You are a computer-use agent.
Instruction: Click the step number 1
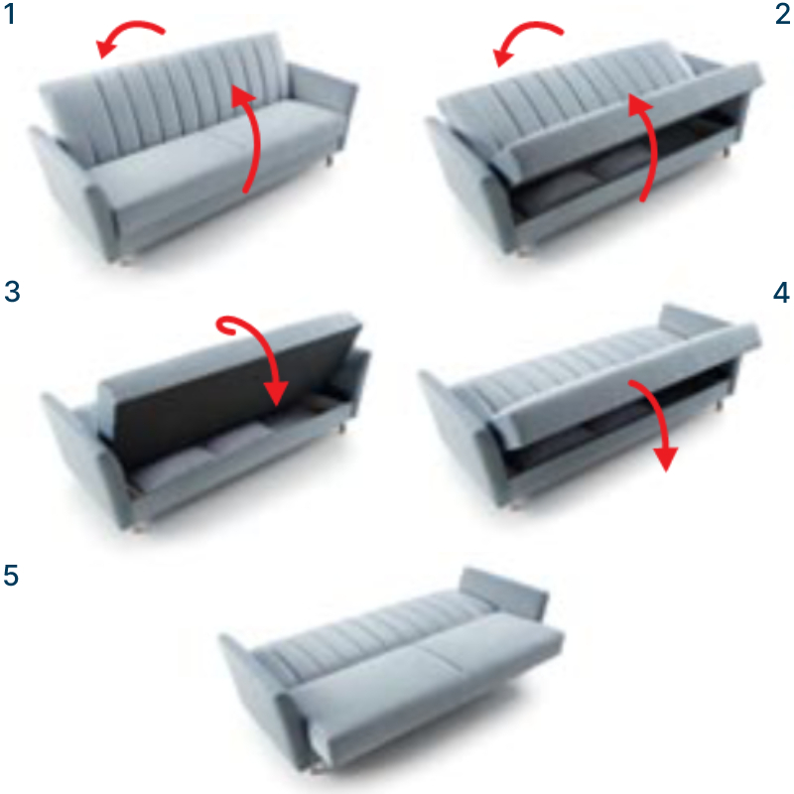tap(10, 14)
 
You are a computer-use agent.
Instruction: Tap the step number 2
tap(782, 14)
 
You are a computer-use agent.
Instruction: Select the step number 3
tap(12, 292)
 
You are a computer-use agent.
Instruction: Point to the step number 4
tap(781, 293)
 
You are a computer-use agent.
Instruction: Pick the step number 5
tap(11, 576)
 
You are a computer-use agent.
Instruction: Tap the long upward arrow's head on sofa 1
tap(241, 96)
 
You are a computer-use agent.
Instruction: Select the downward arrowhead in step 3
tap(276, 393)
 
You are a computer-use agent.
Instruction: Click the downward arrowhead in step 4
tap(666, 460)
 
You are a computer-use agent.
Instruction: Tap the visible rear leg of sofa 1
tap(330, 160)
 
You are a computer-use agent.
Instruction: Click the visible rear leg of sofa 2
tap(727, 151)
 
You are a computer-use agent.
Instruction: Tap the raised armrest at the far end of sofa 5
tap(505, 591)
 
